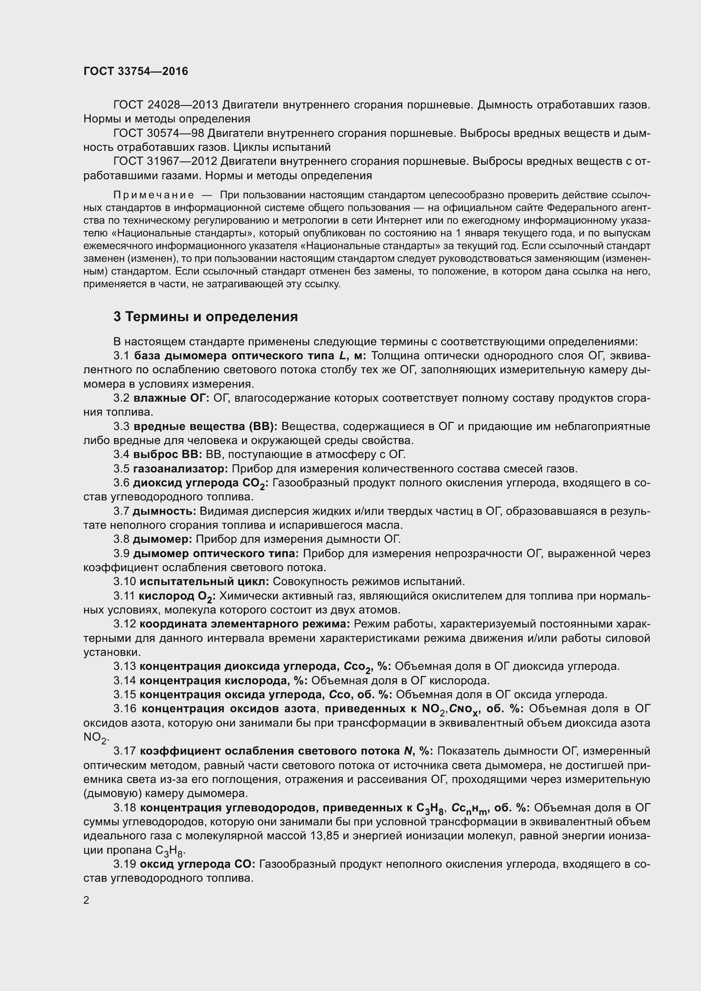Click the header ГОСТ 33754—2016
pos(136,71)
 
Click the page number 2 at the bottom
pos(86,900)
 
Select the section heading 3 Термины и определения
pos(206,317)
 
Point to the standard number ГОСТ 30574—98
pos(159,133)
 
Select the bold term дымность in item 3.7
pos(164,511)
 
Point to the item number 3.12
pos(124,624)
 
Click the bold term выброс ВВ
pos(167,455)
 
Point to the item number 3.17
pos(124,751)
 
